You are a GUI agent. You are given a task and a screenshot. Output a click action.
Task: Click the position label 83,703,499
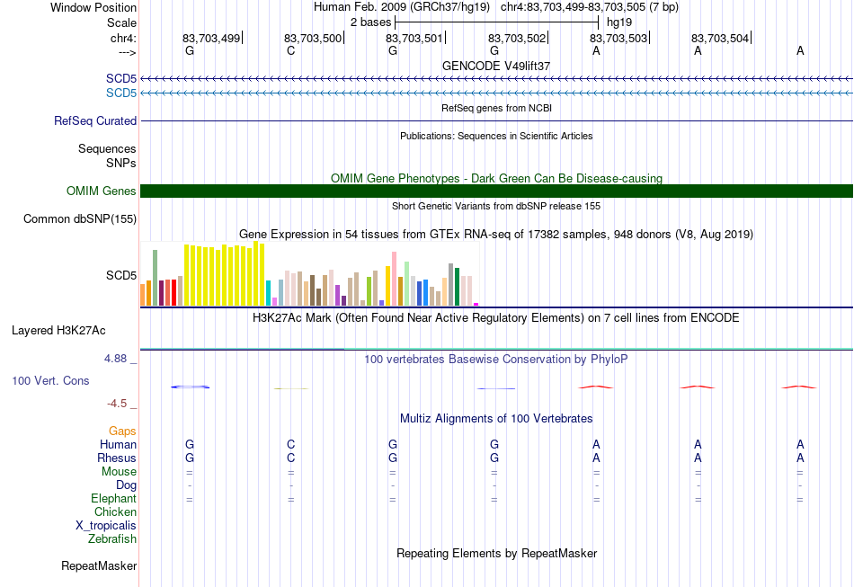[210, 38]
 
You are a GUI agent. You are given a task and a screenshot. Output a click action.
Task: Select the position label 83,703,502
[516, 38]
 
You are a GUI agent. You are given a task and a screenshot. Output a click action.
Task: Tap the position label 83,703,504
[720, 38]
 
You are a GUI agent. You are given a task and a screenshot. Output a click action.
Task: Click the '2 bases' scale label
[370, 22]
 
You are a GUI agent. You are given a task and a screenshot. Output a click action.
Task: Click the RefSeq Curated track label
[95, 120]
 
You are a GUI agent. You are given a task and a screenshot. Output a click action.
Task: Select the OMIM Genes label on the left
[102, 191]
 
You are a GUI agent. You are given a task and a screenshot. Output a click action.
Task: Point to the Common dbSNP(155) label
[80, 219]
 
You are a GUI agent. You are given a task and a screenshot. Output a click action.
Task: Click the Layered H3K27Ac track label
[58, 331]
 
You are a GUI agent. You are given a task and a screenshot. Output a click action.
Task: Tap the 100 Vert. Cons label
[50, 380]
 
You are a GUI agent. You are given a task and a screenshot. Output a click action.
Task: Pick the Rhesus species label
[117, 458]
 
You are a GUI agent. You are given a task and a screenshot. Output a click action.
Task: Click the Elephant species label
[114, 499]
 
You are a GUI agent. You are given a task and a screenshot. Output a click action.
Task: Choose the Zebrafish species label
[112, 539]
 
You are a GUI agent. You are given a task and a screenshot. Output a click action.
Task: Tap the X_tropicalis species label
[106, 526]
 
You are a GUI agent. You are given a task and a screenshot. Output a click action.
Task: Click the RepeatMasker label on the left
[99, 565]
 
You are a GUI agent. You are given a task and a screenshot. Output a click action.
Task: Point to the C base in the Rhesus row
[291, 458]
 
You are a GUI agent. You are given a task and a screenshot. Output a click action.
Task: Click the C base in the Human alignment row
[291, 444]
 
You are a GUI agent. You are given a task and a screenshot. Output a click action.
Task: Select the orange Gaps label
[122, 431]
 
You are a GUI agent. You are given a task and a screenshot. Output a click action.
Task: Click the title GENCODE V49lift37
[496, 66]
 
